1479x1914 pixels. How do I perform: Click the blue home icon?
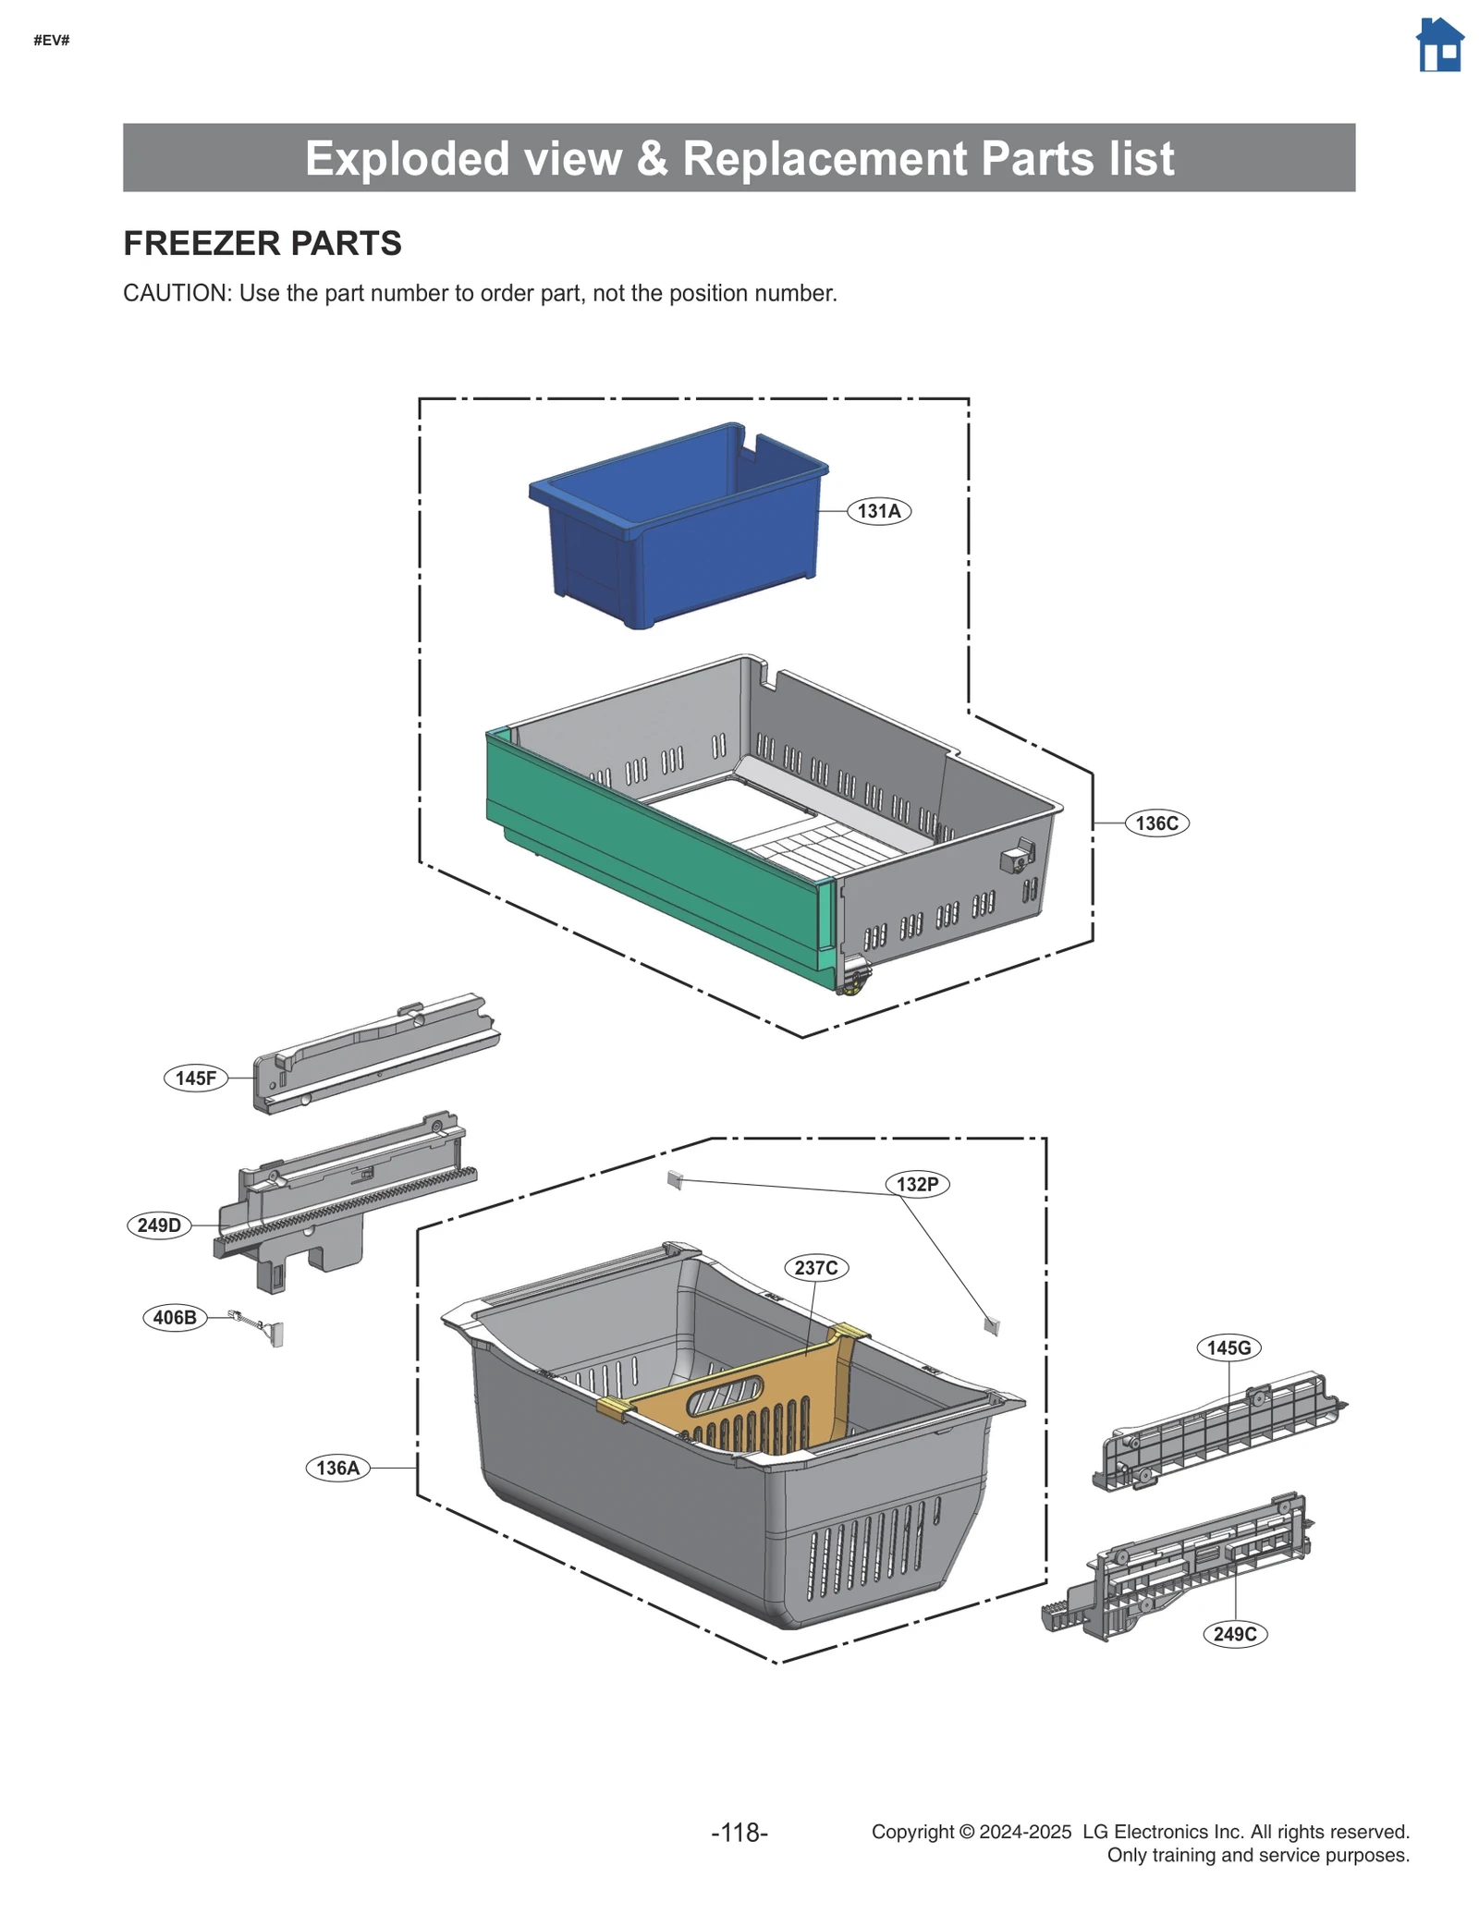click(1439, 45)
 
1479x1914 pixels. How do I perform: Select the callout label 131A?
click(878, 511)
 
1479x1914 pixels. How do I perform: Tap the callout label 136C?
click(1155, 823)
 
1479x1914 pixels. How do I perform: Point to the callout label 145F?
click(196, 1078)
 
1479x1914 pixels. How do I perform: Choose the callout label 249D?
click(159, 1225)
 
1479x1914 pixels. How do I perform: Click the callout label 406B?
click(175, 1317)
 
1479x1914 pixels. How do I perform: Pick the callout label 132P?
click(917, 1184)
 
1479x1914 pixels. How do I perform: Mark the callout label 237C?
click(815, 1267)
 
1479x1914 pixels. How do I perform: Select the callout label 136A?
click(337, 1468)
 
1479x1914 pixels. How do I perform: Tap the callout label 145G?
click(1228, 1347)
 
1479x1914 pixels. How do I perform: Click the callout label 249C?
click(1234, 1634)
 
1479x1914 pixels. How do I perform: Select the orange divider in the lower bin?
click(739, 1396)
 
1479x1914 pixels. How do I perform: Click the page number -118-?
click(739, 1832)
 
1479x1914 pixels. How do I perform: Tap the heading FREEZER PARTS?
click(263, 243)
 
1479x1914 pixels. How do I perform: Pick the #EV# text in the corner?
click(52, 40)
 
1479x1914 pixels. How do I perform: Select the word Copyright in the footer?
click(911, 1832)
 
